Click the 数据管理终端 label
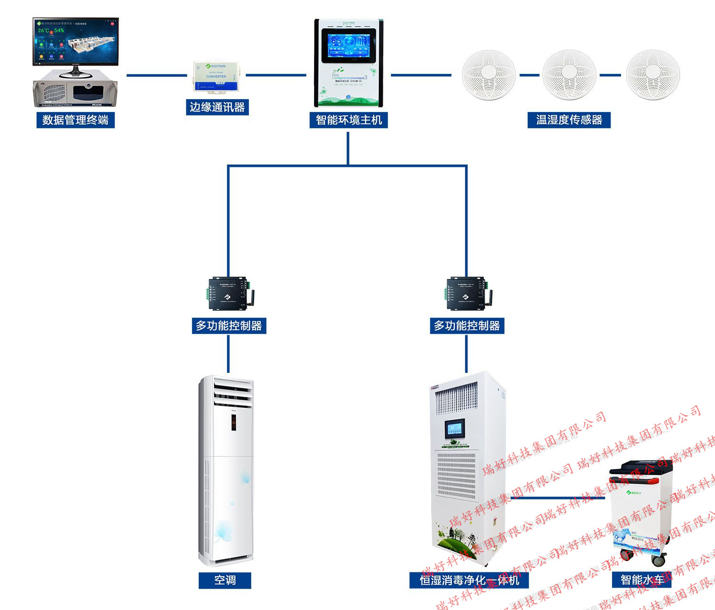75,120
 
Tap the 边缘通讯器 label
217,107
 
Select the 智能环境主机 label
348,120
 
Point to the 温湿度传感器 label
569,120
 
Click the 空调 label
225,580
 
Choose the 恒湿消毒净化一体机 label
469,580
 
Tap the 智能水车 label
641,580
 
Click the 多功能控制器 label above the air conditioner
229,326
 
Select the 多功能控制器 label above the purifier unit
467,326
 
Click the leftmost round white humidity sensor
489,75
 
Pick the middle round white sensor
569,75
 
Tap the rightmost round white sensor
653,75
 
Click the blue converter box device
216,76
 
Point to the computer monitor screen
75,41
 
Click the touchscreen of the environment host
348,45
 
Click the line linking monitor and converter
157,75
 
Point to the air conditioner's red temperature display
234,423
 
